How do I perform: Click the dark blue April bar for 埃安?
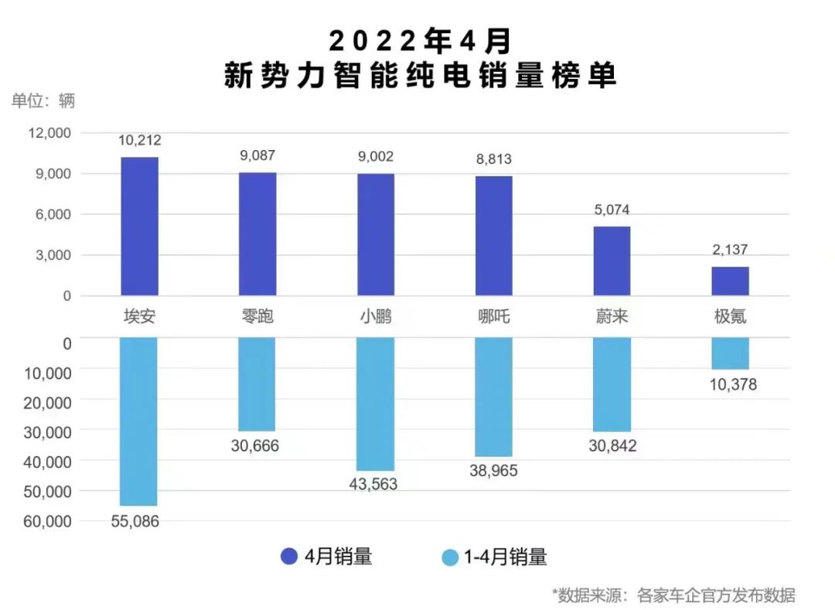click(x=140, y=226)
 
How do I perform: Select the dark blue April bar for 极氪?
click(x=730, y=281)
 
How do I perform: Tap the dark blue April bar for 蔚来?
click(x=612, y=261)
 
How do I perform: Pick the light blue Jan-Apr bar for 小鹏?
click(x=376, y=404)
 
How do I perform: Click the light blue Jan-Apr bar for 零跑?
click(x=257, y=384)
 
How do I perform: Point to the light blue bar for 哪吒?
click(x=493, y=397)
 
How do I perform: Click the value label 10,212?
click(x=140, y=141)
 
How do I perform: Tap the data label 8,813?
click(x=493, y=159)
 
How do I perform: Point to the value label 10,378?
click(x=730, y=384)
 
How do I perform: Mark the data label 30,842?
click(x=612, y=446)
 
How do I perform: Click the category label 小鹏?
click(x=376, y=316)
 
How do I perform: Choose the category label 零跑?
click(x=257, y=316)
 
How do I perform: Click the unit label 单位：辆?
click(x=44, y=101)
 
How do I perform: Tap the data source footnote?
click(x=673, y=595)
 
